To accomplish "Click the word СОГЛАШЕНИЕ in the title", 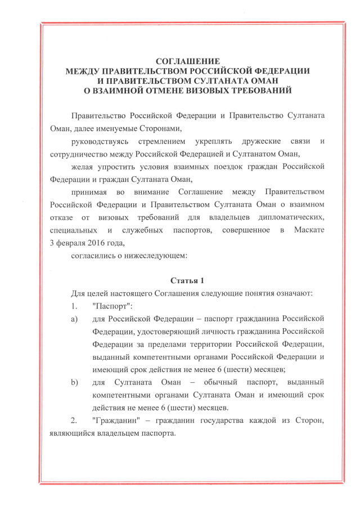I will (188, 61).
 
